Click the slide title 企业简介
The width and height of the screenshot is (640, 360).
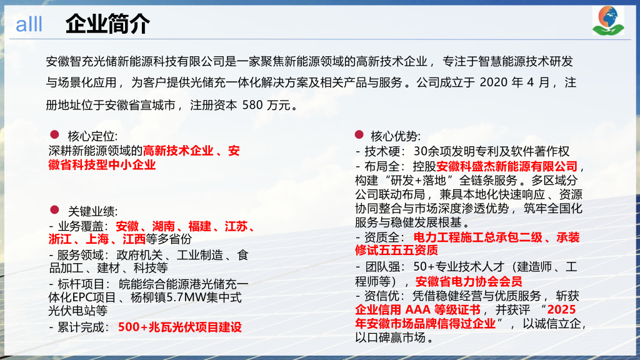[x=107, y=24]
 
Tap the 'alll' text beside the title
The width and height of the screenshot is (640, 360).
[x=29, y=25]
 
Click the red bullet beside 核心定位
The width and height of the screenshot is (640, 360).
[x=54, y=134]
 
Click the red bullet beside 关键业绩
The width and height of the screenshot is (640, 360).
[x=54, y=210]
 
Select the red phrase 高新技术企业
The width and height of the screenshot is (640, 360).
[x=178, y=151]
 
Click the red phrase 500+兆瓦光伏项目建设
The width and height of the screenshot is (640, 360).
[x=180, y=327]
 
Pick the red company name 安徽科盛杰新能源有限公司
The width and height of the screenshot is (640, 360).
[x=507, y=166]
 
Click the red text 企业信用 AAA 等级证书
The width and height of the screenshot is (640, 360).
[x=417, y=310]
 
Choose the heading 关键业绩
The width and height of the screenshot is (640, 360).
[x=92, y=211]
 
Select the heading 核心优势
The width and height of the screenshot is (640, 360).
[x=396, y=136]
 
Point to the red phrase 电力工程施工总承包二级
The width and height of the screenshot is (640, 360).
[x=474, y=237]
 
